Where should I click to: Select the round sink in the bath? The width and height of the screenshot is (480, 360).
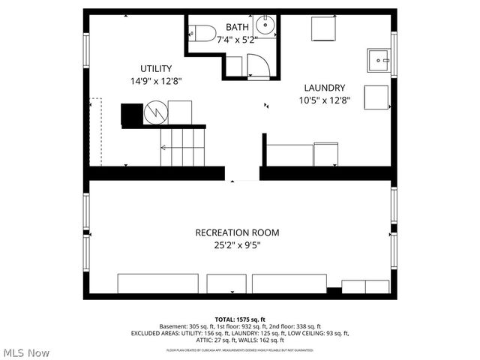click(265, 24)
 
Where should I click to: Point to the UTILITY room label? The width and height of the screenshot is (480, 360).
click(155, 68)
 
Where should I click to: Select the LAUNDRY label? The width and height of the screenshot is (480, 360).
click(324, 88)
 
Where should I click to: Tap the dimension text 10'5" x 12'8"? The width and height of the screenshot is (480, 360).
click(324, 100)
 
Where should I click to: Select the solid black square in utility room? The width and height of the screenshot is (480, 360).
click(132, 113)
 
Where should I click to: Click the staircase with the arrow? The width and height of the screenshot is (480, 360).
click(182, 147)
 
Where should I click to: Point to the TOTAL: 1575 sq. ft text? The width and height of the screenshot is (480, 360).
click(239, 319)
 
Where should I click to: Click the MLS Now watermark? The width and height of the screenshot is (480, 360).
click(26, 352)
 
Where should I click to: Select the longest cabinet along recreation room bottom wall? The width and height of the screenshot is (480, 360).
click(157, 283)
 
